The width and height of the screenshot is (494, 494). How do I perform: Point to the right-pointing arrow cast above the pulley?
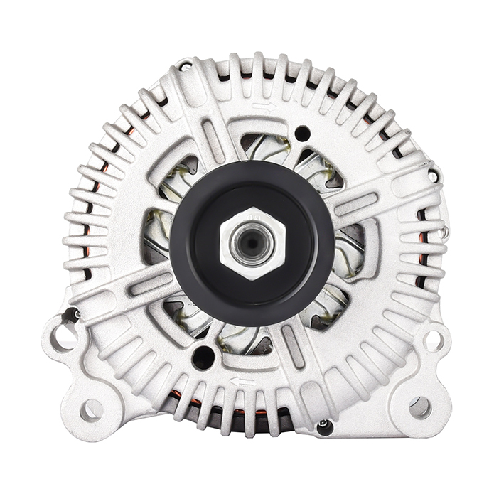pyautogui.click(x=264, y=107)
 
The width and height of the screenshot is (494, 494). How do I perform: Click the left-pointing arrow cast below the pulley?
pyautogui.click(x=242, y=382)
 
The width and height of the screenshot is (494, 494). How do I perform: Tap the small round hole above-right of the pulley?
pyautogui.click(x=302, y=132)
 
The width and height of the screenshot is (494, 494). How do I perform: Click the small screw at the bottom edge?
pyautogui.click(x=324, y=426)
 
